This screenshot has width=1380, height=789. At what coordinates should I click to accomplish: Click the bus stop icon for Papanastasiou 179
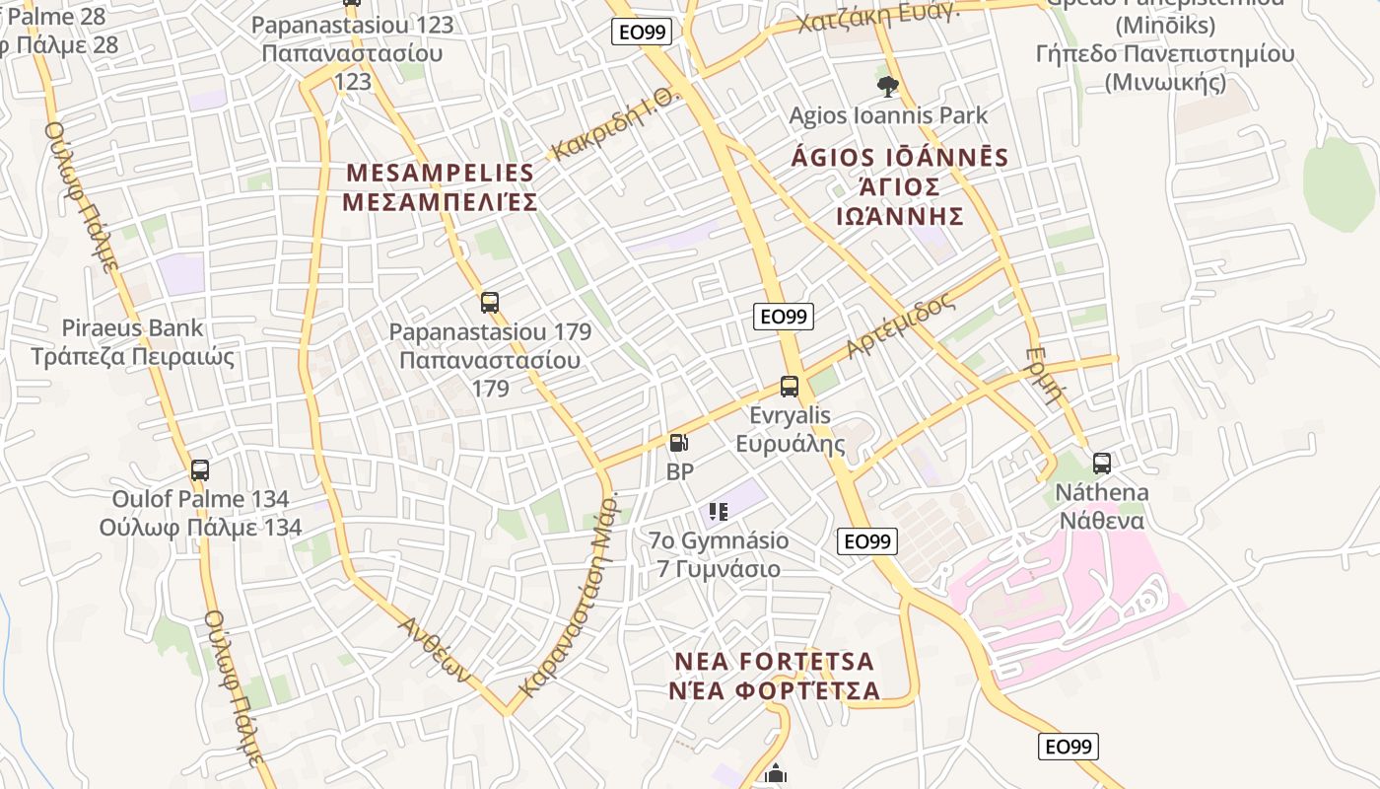490,303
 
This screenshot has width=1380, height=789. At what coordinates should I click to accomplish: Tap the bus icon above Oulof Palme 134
200,470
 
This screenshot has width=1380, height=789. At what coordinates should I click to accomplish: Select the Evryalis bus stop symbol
790,387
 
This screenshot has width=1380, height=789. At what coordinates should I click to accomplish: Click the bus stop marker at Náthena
1102,463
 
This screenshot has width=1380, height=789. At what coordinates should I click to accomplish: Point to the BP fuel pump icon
678,444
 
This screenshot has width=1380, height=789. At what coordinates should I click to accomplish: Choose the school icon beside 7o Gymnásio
719,511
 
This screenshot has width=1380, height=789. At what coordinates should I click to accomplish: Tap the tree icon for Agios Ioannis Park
887,87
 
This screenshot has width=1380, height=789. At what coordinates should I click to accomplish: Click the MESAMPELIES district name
440,174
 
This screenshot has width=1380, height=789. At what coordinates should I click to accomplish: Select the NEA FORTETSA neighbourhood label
774,661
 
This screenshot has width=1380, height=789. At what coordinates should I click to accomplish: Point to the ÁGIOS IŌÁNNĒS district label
900,158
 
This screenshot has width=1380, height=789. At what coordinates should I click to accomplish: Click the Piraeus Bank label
132,328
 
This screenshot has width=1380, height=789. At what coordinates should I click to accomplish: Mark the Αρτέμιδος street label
900,325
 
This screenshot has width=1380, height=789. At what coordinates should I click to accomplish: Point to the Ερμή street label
1046,376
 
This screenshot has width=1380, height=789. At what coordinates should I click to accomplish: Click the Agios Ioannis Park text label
888,116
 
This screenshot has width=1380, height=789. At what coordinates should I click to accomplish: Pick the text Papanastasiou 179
490,332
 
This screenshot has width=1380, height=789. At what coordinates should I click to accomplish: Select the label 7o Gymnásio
719,540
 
